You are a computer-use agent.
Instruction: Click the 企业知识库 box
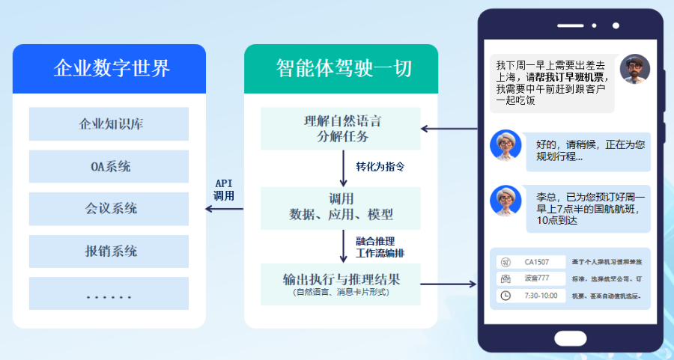[x=109, y=124]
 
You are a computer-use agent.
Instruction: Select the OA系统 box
[x=109, y=166]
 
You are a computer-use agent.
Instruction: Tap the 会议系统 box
[x=109, y=209]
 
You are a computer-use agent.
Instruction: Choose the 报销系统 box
[x=109, y=251]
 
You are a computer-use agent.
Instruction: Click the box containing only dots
[x=109, y=293]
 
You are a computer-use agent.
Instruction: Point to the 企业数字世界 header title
[x=109, y=69]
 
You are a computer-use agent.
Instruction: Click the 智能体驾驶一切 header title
[x=341, y=69]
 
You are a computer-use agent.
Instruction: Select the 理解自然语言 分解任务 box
[x=341, y=129]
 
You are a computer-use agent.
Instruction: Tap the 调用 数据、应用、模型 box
[x=341, y=207]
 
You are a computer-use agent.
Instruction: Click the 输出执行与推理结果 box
[x=341, y=284]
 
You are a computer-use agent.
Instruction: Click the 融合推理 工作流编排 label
[x=380, y=246]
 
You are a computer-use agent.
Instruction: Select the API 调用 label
[x=224, y=189]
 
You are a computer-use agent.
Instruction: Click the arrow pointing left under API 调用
[x=224, y=209]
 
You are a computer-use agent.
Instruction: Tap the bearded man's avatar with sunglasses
[x=634, y=70]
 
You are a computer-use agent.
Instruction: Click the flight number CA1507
[x=536, y=263]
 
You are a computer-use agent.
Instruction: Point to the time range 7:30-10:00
[x=541, y=296]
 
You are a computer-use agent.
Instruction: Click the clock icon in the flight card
[x=506, y=296]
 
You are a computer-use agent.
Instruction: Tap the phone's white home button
[x=571, y=338]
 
